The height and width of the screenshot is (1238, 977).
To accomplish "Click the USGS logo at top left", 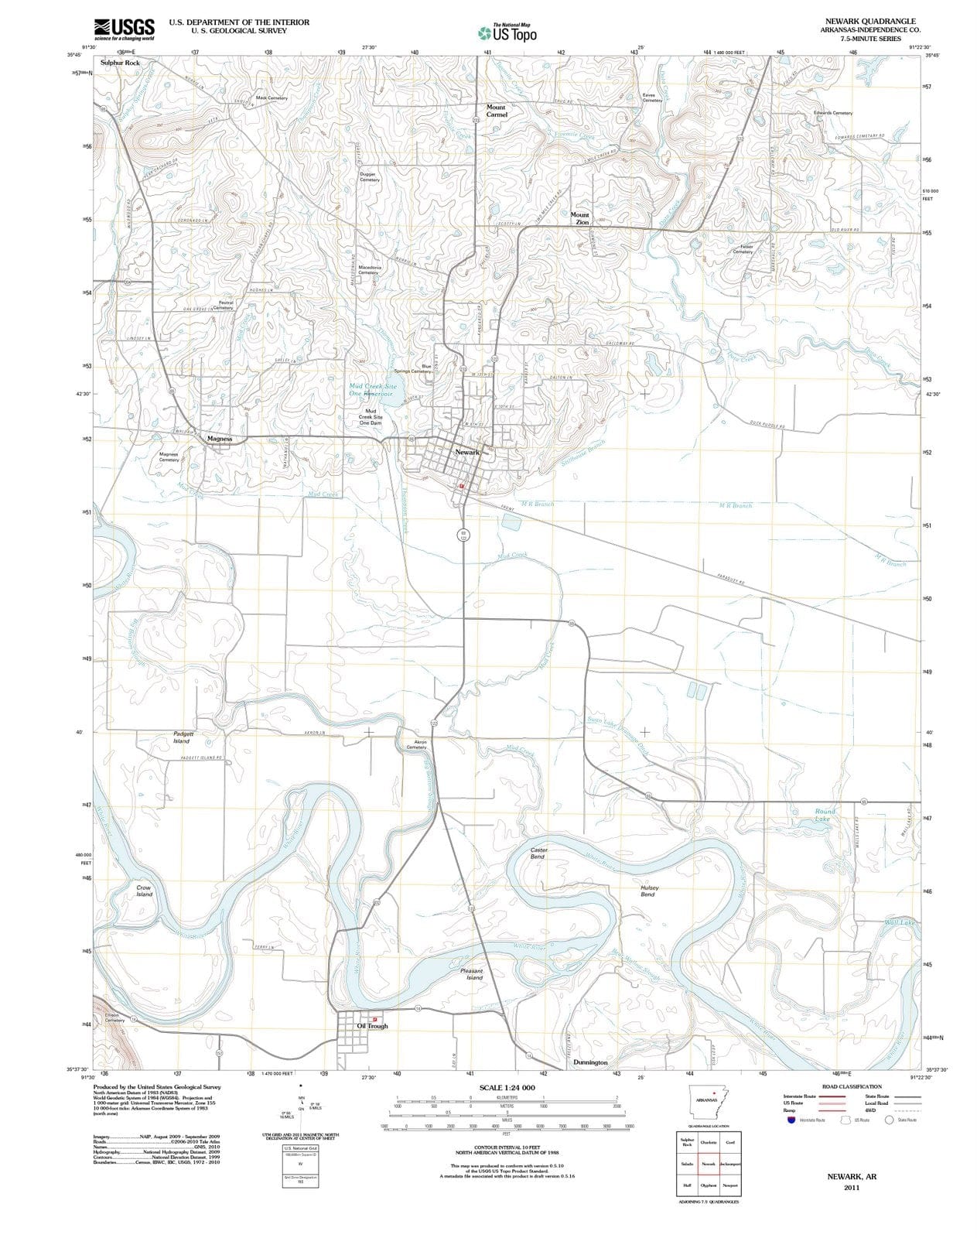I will (x=124, y=29).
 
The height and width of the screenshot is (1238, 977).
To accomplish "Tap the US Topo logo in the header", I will (x=507, y=32).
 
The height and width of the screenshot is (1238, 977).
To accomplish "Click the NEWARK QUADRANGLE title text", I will (x=870, y=21).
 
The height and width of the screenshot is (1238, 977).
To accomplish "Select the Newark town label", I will (x=467, y=452).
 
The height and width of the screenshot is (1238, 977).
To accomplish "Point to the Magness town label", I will (x=220, y=439).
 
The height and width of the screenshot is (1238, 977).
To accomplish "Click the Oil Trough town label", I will (x=372, y=1026).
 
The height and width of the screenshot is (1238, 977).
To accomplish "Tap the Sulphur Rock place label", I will (x=121, y=62).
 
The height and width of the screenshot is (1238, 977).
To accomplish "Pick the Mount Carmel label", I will (x=496, y=111).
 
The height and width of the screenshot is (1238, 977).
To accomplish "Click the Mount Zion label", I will (x=580, y=218).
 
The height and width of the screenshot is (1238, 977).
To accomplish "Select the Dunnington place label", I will (x=590, y=1062).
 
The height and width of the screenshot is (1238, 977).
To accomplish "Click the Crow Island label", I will (x=144, y=891).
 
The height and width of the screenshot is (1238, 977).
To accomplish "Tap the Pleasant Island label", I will (x=472, y=973).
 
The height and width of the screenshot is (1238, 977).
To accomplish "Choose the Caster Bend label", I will (x=538, y=853).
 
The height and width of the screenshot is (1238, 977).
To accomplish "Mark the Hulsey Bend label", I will (x=648, y=891).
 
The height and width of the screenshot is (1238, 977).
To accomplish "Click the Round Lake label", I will (x=825, y=815).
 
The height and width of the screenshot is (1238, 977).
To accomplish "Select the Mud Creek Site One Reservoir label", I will (x=373, y=389).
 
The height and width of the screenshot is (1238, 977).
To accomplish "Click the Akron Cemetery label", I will (x=417, y=744).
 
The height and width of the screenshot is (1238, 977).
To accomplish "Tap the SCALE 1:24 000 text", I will (x=507, y=1088).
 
